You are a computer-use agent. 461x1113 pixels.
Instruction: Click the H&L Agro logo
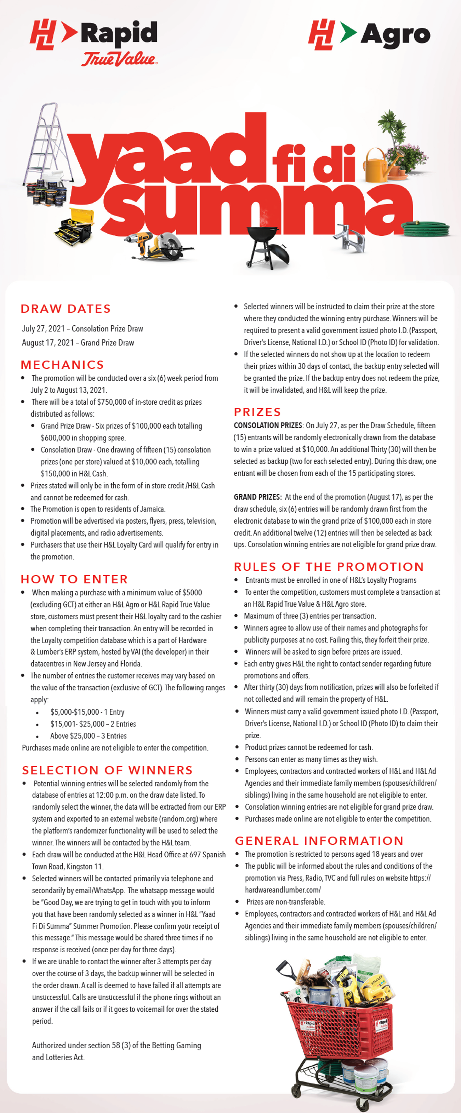[x=369, y=35]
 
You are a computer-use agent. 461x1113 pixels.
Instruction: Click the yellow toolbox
[x=75, y=226]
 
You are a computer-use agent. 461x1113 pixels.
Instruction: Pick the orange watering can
[x=379, y=166]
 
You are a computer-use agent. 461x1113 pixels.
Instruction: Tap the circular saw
[x=171, y=246]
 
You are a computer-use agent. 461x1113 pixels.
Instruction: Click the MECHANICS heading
[x=63, y=365]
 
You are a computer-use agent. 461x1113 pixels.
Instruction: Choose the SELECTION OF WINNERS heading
[x=108, y=770]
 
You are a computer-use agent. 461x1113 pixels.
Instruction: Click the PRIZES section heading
[x=257, y=412]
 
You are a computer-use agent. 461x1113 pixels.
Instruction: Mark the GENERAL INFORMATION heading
[x=319, y=840]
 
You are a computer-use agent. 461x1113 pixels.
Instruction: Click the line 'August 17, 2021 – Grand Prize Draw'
[x=78, y=343]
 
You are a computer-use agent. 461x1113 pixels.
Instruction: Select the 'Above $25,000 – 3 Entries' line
[x=88, y=736]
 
